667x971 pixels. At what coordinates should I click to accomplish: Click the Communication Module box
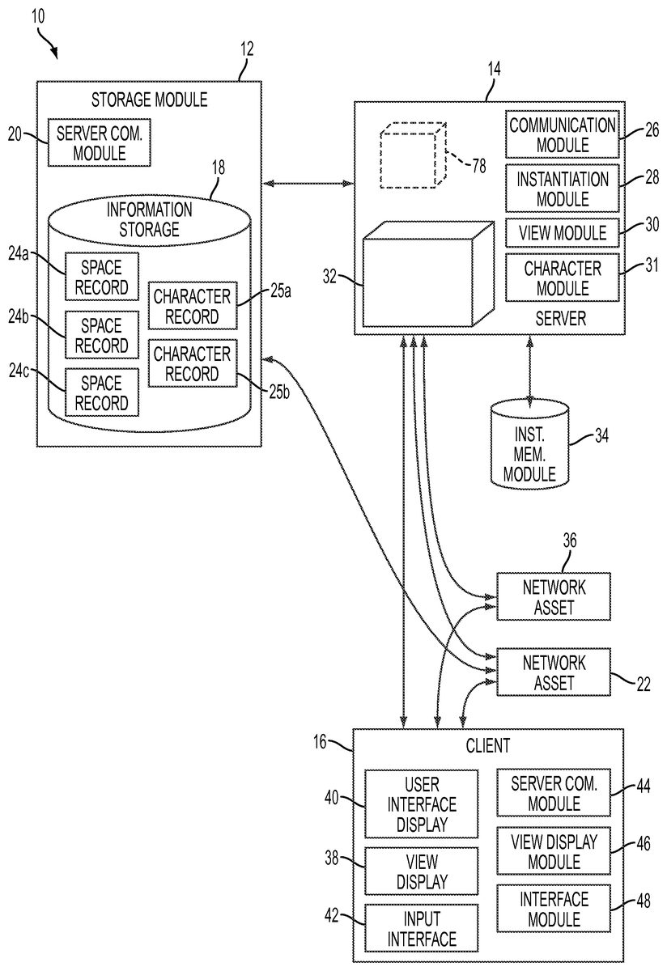(562, 135)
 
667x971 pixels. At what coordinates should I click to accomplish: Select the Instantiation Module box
(562, 188)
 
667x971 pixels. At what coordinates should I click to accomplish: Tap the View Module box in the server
(562, 233)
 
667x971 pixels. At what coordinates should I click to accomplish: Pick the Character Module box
(562, 278)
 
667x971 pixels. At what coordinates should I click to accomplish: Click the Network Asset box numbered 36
(553, 596)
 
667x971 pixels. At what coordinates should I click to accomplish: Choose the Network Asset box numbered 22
(553, 672)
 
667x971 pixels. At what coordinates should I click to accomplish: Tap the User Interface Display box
(421, 804)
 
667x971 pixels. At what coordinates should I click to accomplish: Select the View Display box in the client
(421, 870)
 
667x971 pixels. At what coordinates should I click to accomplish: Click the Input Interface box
(421, 928)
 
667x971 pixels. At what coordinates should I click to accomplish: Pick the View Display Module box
(554, 851)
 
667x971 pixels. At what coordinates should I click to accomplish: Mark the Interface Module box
(554, 909)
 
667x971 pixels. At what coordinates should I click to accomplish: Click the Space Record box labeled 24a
(102, 277)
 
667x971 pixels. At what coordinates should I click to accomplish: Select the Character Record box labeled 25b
(193, 363)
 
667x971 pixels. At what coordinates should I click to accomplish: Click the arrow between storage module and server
(308, 184)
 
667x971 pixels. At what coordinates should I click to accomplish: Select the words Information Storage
(150, 219)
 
